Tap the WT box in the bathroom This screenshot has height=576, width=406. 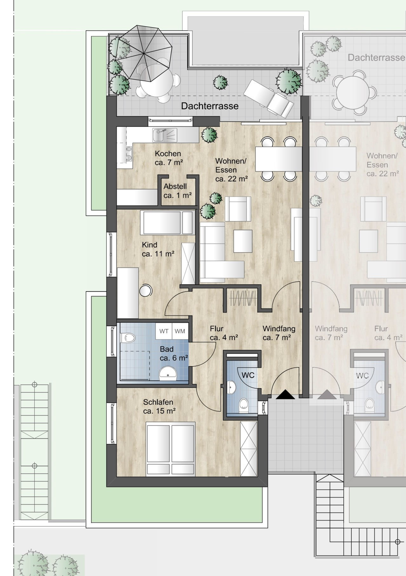point(164,331)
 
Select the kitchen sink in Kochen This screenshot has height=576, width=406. point(164,135)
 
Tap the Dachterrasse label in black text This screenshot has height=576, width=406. point(210,106)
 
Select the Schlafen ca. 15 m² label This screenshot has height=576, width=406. point(159,406)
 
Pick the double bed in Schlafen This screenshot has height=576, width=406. point(171,449)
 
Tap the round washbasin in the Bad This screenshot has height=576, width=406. point(168,373)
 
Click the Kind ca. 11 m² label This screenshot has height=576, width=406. point(158,249)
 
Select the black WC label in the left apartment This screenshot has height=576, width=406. point(248,375)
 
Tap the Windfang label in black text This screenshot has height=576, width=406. point(279,329)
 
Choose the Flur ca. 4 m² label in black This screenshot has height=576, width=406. point(224,333)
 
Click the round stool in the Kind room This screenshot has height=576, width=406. point(146,290)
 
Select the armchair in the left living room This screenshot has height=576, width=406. point(238,209)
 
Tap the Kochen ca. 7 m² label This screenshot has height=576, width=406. point(169,158)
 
